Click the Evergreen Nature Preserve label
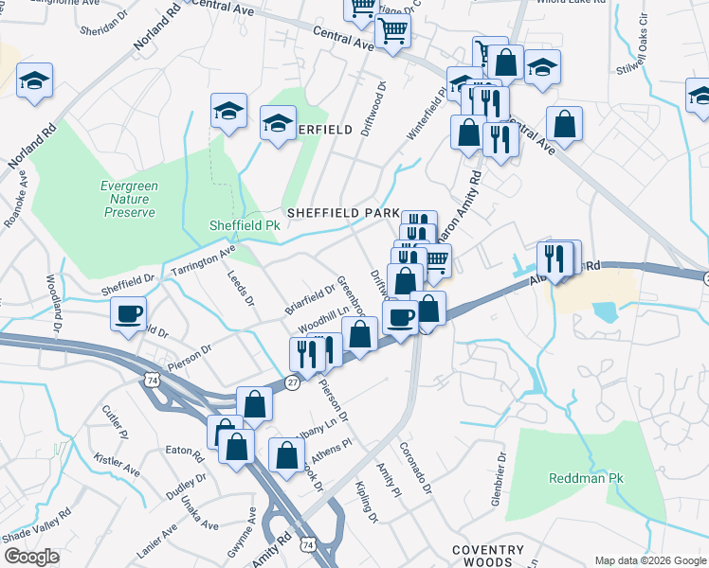click(128, 199)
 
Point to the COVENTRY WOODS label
click(487, 556)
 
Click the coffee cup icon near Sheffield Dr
click(128, 313)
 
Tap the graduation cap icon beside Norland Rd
click(34, 81)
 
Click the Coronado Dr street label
click(415, 469)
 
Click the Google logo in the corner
click(31, 557)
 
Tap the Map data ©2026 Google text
click(649, 560)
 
